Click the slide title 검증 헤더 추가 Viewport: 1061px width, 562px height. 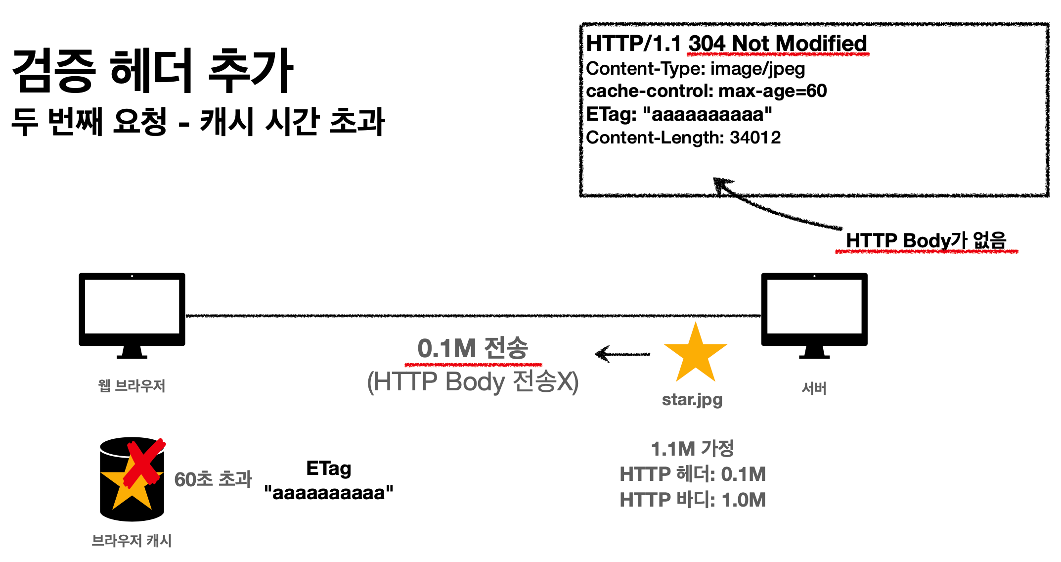coord(152,71)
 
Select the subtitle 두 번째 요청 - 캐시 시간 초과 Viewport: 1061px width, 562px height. coord(198,122)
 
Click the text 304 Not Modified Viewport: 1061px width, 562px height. coord(777,44)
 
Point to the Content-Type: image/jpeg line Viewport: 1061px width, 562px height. coord(695,69)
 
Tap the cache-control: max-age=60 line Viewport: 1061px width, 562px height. coord(706,91)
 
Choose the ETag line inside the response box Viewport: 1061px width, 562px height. coord(678,114)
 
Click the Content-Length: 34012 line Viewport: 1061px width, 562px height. coord(683,138)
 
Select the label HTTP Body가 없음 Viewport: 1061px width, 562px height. coord(926,241)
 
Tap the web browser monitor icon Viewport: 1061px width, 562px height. coord(132,312)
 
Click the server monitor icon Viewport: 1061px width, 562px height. coord(814,312)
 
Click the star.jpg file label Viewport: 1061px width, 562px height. coord(692,399)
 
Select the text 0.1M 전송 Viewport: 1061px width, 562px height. coord(473,348)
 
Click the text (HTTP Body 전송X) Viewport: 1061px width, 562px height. coord(473,382)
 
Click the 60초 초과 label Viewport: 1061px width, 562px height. coord(213,479)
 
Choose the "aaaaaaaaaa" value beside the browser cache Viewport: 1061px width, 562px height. coord(329,493)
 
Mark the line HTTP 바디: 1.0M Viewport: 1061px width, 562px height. coord(693,500)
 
